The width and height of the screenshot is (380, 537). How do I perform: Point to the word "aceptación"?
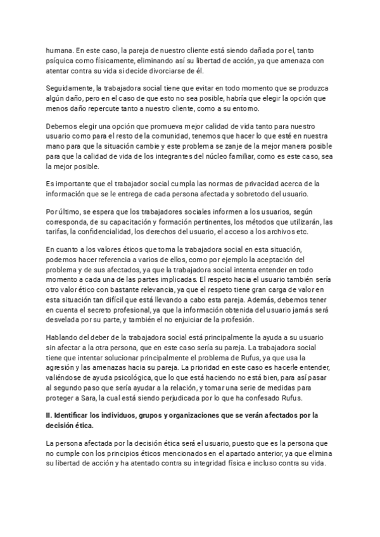point(277,260)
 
